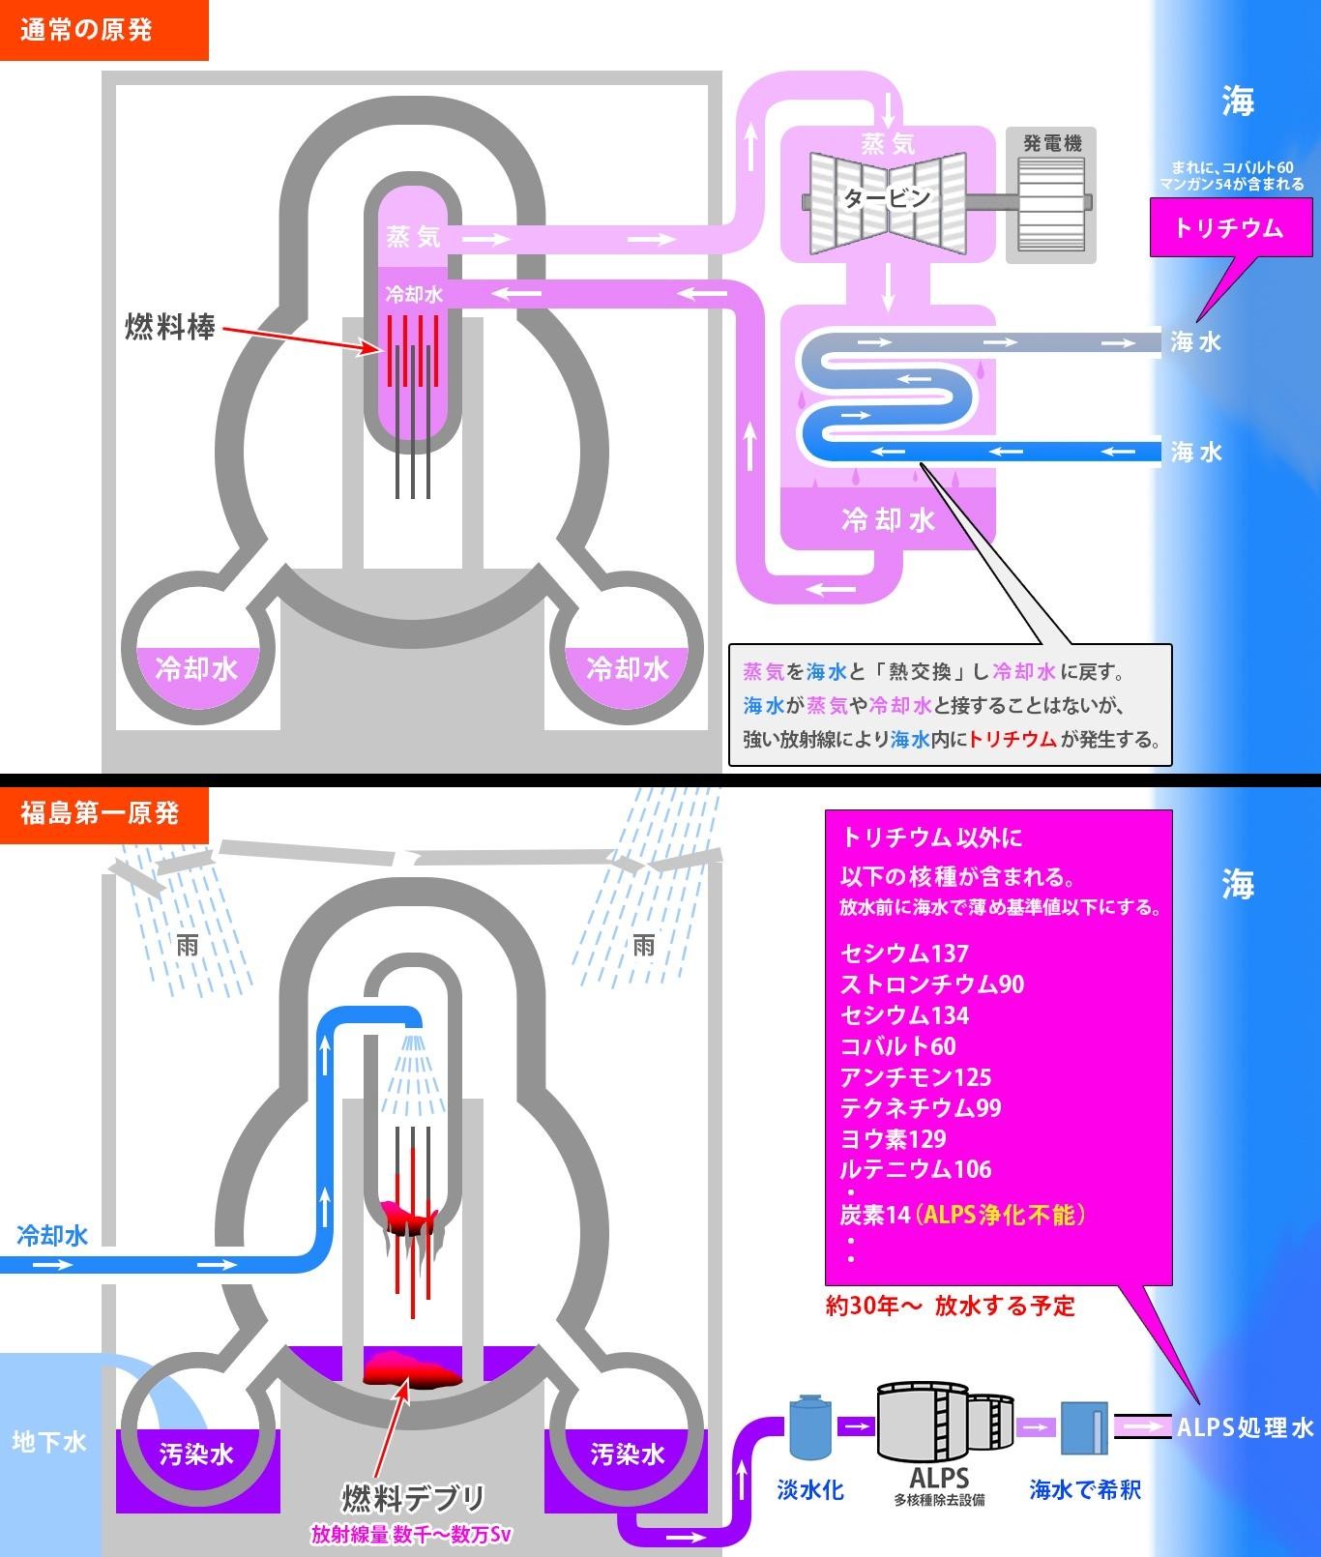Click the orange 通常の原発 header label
(x=87, y=30)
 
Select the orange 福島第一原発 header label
(x=100, y=813)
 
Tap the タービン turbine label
(x=887, y=198)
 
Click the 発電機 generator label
(x=1052, y=144)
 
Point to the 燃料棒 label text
(x=170, y=328)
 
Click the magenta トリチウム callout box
(x=1228, y=227)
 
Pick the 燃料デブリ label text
(x=414, y=1499)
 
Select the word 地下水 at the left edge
(x=49, y=1442)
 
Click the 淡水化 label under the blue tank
(x=810, y=1489)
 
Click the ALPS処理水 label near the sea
(x=1245, y=1427)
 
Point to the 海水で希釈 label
(x=1085, y=1489)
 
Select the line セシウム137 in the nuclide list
(x=904, y=954)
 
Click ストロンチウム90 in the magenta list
(x=931, y=984)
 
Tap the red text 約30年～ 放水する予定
(x=950, y=1307)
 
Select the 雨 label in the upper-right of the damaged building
(x=644, y=945)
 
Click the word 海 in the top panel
(x=1237, y=101)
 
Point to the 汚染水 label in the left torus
(x=196, y=1454)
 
